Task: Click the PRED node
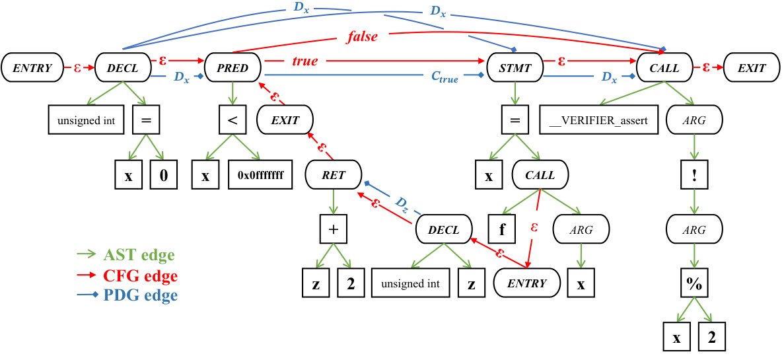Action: point(232,68)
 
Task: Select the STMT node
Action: point(515,68)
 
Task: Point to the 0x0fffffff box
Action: point(260,175)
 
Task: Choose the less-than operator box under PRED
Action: point(232,121)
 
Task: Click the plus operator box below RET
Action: point(334,229)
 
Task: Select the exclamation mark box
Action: point(695,175)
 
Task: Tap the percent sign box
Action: point(694,284)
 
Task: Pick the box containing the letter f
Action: point(501,229)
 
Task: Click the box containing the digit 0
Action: point(163,175)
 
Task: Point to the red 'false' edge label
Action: point(362,37)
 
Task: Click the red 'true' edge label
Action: point(304,61)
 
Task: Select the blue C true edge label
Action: point(445,77)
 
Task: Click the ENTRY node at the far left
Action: point(32,68)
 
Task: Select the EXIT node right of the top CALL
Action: point(752,68)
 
